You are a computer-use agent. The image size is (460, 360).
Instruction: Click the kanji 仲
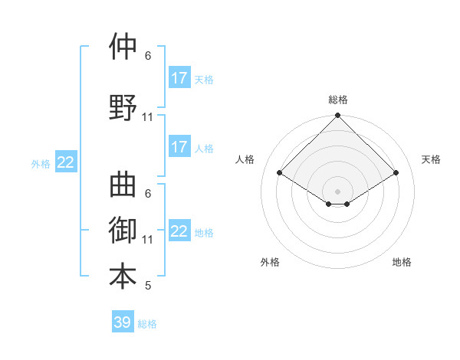pos(123,47)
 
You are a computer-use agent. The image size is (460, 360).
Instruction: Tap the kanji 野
pos(123,108)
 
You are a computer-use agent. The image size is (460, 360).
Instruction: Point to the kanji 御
pos(123,230)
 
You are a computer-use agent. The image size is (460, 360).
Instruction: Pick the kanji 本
pos(123,276)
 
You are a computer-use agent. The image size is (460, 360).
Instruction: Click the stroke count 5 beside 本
pos(148,286)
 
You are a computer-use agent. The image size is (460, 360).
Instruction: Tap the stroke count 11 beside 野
pos(148,117)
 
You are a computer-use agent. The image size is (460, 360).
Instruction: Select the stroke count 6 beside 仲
pos(148,55)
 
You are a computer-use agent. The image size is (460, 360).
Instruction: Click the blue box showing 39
pos(123,322)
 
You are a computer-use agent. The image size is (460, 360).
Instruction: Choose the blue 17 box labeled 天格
pos(179,78)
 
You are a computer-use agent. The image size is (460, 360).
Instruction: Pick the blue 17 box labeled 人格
pos(179,147)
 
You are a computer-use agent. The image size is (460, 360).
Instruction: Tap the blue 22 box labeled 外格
pos(66,162)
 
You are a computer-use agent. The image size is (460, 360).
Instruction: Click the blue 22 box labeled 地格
pos(179,231)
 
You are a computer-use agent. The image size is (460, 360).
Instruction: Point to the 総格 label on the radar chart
pos(338,100)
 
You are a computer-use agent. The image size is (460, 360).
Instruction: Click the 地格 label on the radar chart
pos(402,262)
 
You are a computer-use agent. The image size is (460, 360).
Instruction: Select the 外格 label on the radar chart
pos(270,262)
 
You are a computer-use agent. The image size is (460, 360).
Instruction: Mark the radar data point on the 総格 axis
pos(338,116)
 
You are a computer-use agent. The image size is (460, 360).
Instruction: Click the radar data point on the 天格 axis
pos(396,173)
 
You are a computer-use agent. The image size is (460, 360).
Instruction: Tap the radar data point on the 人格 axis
pos(280,173)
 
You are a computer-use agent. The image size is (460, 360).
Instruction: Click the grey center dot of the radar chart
pos(338,191)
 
